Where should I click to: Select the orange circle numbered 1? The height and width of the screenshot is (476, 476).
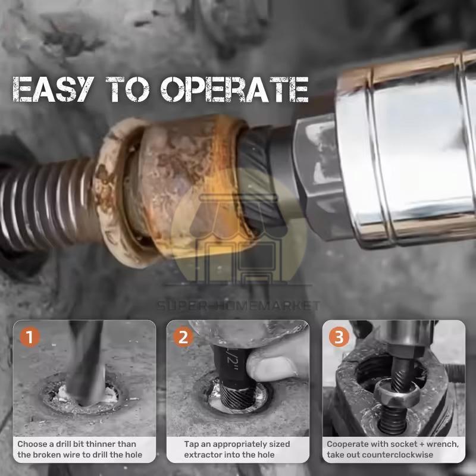click(30, 337)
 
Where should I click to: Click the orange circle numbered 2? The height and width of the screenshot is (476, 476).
click(183, 337)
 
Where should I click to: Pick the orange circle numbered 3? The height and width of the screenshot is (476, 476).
click(339, 337)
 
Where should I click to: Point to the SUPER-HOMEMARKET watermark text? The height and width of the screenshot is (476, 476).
click(239, 305)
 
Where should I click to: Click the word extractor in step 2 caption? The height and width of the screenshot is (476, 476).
click(200, 455)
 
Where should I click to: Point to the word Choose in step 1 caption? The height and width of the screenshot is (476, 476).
click(32, 444)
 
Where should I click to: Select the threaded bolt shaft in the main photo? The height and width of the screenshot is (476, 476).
click(46, 202)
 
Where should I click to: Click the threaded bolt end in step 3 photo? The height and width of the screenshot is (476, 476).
click(393, 421)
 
